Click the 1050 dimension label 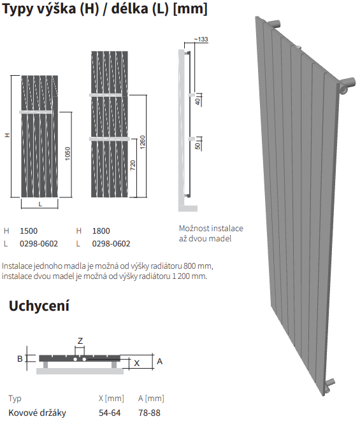pyautogui.click(x=68, y=153)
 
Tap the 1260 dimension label pyautogui.click(x=142, y=142)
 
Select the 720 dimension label pyautogui.click(x=133, y=165)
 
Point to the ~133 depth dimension pyautogui.click(x=201, y=39)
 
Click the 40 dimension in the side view pyautogui.click(x=198, y=101)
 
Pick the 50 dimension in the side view pyautogui.click(x=198, y=146)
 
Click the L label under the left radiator pyautogui.click(x=40, y=204)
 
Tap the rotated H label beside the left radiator pyautogui.click(x=8, y=135)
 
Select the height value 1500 pyautogui.click(x=29, y=231)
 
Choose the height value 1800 pyautogui.click(x=101, y=231)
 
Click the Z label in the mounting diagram pyautogui.click(x=80, y=341)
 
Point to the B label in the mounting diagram pyautogui.click(x=20, y=359)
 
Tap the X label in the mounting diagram pyautogui.click(x=137, y=363)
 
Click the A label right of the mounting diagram pyautogui.click(x=159, y=361)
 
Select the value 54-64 pyautogui.click(x=110, y=413)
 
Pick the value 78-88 pyautogui.click(x=149, y=413)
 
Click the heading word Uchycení pyautogui.click(x=39, y=306)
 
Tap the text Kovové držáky pyautogui.click(x=37, y=413)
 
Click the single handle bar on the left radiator pyautogui.click(x=36, y=112)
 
